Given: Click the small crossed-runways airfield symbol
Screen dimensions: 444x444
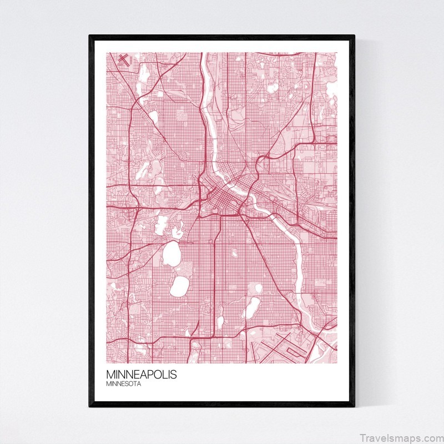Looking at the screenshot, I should [123, 59].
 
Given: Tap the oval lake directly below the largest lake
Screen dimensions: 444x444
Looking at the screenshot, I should [179, 285].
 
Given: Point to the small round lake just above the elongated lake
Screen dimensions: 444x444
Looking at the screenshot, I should [257, 289].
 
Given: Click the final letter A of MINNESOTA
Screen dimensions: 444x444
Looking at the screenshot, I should [138, 383].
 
